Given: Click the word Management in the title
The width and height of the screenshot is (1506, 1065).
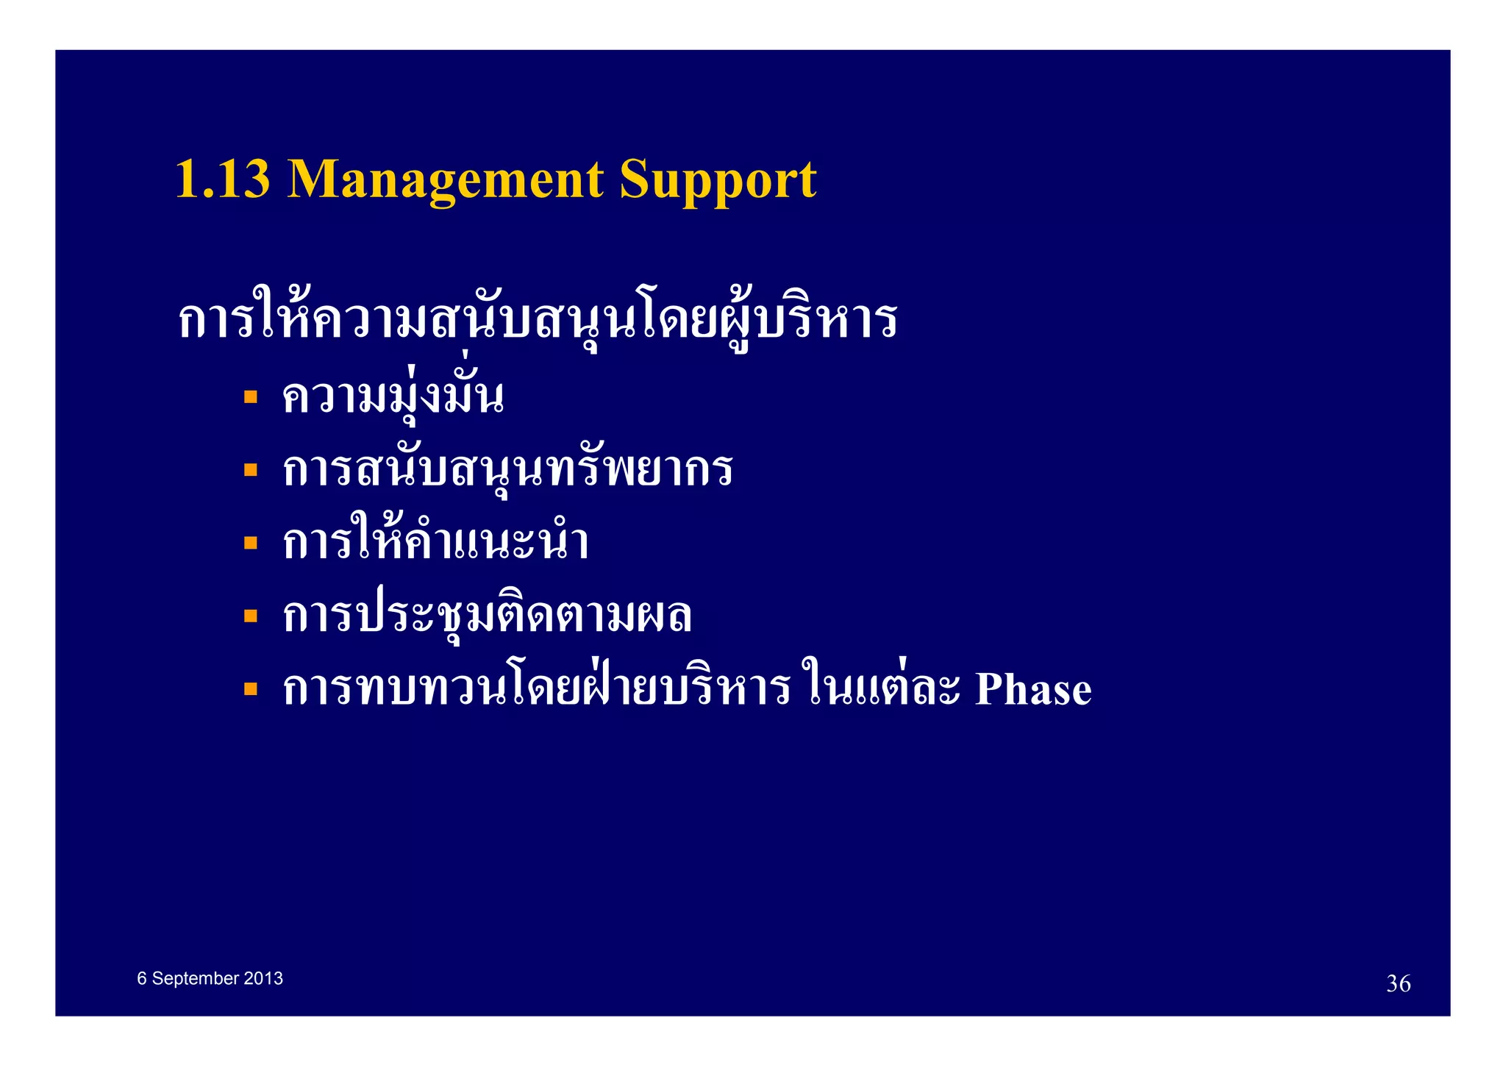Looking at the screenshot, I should pyautogui.click(x=446, y=180).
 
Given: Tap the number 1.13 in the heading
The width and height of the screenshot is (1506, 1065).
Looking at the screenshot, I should pyautogui.click(x=223, y=180).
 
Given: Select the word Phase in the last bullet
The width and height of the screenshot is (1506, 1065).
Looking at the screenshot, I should pyautogui.click(x=1032, y=689).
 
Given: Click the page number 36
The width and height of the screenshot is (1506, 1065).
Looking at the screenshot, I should pyautogui.click(x=1398, y=983).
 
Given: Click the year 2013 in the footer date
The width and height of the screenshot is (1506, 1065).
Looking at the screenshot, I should pyautogui.click(x=263, y=978).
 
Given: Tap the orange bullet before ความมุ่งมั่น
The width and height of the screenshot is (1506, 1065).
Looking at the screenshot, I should pyautogui.click(x=251, y=397).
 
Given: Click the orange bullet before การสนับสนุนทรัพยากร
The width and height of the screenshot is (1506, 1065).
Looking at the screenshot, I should pyautogui.click(x=251, y=470).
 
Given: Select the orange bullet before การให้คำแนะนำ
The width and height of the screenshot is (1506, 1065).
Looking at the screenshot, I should pyautogui.click(x=251, y=543).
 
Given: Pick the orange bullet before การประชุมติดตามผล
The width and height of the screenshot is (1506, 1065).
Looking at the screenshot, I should pyautogui.click(x=251, y=616).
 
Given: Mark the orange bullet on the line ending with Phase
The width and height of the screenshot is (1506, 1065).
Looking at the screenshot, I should pyautogui.click(x=251, y=689).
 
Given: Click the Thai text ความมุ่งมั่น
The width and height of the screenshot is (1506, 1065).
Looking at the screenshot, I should pyautogui.click(x=393, y=398).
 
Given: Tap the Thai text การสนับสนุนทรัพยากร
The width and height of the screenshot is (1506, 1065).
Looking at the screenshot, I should pyautogui.click(x=507, y=470).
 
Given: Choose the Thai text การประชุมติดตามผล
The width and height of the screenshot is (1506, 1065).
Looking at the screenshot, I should pyautogui.click(x=487, y=616).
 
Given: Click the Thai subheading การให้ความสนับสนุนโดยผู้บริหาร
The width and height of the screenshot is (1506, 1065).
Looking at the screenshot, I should pyautogui.click(x=537, y=321).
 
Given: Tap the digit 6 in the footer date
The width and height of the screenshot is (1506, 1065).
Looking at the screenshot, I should pyautogui.click(x=142, y=978).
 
